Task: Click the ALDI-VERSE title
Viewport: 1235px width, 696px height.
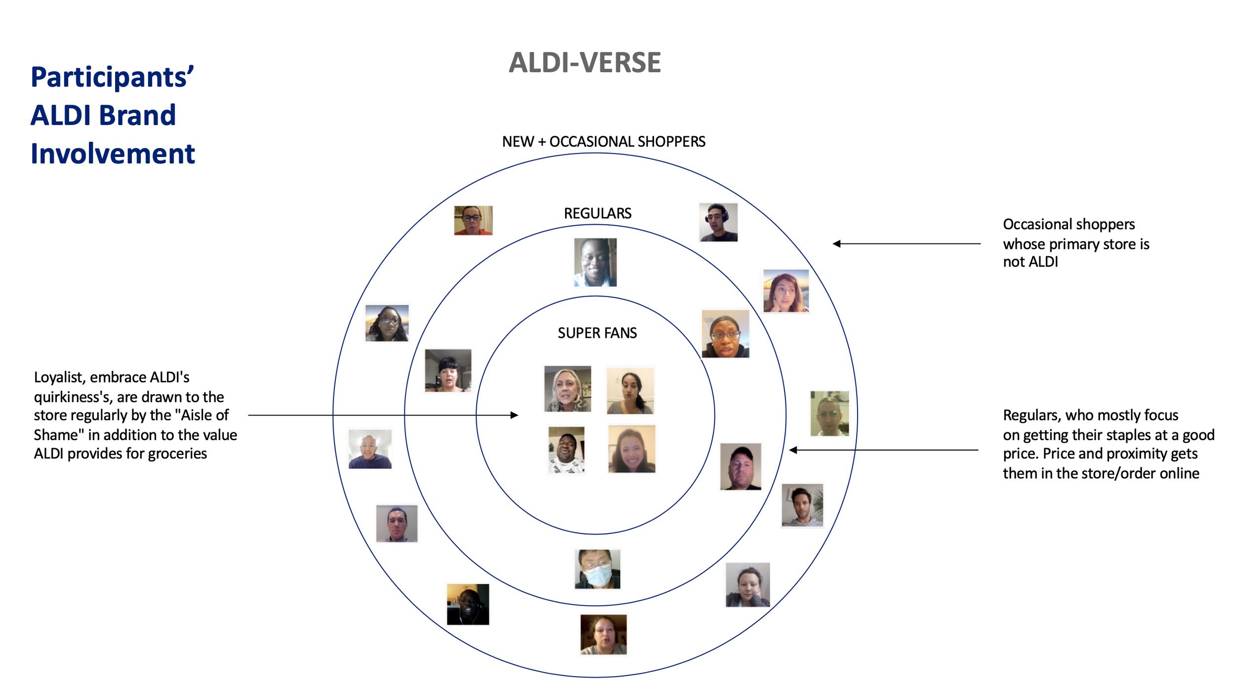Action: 584,63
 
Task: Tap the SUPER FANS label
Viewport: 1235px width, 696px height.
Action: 597,333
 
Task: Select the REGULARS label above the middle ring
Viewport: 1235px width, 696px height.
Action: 597,213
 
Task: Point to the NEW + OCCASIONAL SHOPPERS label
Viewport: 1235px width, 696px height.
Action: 603,142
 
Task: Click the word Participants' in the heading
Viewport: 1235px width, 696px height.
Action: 112,78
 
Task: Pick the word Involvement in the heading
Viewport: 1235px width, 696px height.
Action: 113,154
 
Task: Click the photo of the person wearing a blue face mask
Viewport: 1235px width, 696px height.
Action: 597,569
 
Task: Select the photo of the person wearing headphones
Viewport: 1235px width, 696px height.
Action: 718,222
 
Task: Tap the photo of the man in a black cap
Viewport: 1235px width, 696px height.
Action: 741,466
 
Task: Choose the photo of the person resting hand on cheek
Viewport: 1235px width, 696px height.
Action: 747,584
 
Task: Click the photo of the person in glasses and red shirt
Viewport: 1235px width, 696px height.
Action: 473,220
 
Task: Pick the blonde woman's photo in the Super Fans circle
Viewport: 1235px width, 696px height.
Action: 567,389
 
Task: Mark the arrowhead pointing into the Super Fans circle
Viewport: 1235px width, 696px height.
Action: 514,415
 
